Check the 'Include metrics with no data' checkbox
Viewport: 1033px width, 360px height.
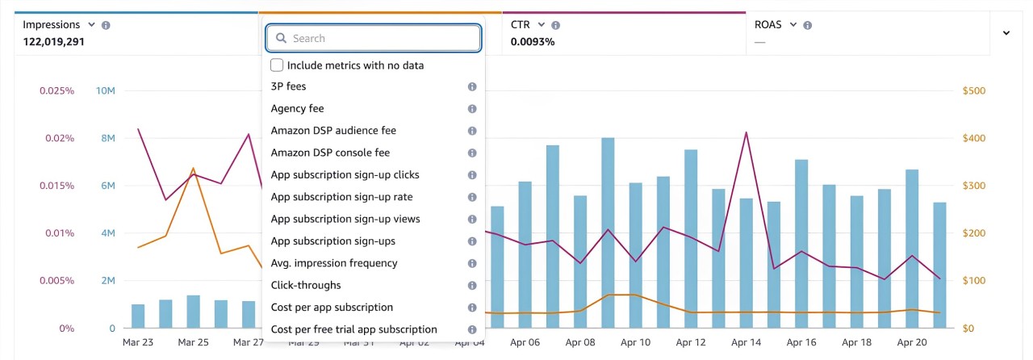click(277, 65)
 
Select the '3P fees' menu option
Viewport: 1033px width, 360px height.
click(289, 86)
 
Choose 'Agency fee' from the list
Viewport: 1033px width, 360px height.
click(298, 108)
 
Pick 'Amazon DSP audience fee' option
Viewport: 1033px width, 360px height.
click(333, 130)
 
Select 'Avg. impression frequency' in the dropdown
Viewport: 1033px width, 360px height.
click(334, 263)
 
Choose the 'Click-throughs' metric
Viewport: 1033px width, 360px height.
click(306, 285)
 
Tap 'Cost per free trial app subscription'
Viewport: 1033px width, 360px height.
click(354, 329)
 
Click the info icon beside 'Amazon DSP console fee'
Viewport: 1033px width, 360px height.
click(472, 153)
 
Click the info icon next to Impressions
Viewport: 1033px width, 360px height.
click(106, 25)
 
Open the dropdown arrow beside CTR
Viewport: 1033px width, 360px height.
click(541, 25)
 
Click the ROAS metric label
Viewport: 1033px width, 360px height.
click(768, 25)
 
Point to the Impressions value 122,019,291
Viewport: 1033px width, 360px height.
click(54, 41)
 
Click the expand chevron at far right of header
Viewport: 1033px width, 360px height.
click(1006, 33)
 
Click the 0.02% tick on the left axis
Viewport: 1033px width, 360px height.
click(59, 138)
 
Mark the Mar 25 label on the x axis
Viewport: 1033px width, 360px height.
click(193, 342)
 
